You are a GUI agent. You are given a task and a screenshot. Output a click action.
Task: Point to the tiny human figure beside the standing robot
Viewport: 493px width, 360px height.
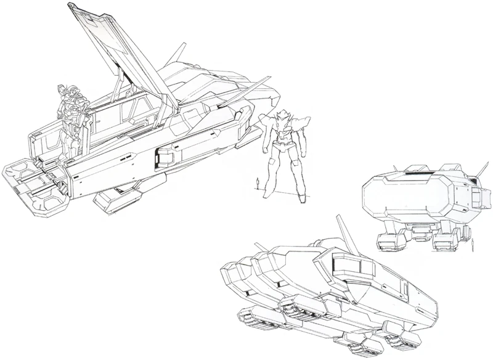click(x=257, y=184)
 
